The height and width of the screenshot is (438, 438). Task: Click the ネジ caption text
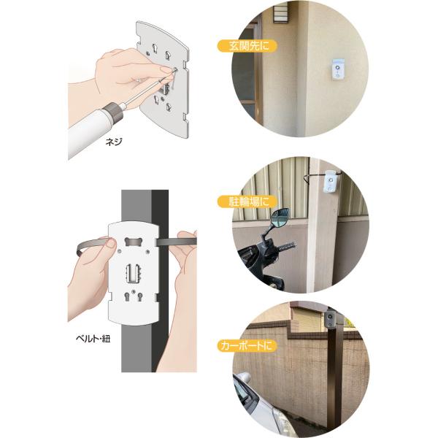[x=114, y=142]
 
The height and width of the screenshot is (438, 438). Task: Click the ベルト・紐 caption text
[x=93, y=339]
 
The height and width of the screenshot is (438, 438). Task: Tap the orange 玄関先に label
[x=247, y=46]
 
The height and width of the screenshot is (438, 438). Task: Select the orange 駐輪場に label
[x=247, y=201]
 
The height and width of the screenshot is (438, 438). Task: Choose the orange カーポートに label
[x=247, y=346]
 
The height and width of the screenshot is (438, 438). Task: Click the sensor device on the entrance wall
[x=337, y=69]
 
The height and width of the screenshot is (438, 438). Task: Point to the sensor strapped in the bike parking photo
[x=331, y=181]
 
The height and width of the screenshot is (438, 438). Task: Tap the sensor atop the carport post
[x=331, y=319]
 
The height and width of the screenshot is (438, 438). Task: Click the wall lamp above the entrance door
[x=281, y=13]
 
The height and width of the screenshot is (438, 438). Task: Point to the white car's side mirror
[x=244, y=377]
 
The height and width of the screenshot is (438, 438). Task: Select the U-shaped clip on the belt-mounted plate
[x=134, y=273]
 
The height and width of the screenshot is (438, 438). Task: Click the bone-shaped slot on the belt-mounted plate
[x=134, y=242]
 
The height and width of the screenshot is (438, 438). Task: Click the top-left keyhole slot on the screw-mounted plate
[x=154, y=48]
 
